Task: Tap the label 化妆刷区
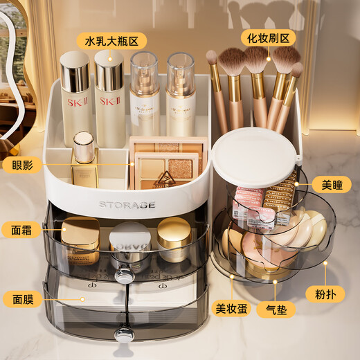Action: click(x=269, y=37)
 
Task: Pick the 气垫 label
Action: click(x=273, y=309)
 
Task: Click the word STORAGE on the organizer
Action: click(x=127, y=205)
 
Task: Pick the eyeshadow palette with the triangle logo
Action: click(x=166, y=170)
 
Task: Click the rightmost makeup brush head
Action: click(x=297, y=70)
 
